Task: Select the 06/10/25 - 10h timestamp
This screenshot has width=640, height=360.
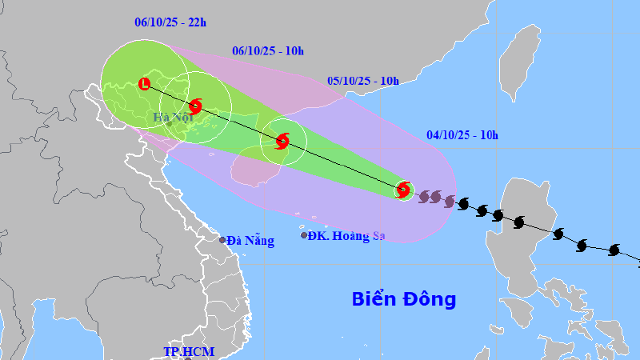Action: coord(268,51)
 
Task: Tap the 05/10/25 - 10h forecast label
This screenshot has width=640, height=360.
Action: coord(363,81)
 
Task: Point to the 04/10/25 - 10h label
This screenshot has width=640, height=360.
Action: coord(462,134)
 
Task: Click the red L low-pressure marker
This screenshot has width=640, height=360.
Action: coord(144,82)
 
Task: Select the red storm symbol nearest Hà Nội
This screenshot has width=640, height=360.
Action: coord(196,106)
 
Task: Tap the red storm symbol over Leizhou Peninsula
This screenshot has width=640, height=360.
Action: coord(282,142)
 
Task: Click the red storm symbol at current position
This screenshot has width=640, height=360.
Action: coord(404,190)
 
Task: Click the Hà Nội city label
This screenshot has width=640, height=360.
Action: coord(170,118)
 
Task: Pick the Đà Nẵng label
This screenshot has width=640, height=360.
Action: coord(250,240)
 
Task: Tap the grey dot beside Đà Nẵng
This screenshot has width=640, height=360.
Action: coord(223,239)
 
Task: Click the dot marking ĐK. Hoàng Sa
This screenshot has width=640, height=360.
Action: coord(304,235)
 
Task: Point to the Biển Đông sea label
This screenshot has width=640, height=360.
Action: coord(404,299)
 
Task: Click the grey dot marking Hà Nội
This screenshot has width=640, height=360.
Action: coord(169,123)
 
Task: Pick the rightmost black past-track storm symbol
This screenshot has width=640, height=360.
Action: coord(614,250)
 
